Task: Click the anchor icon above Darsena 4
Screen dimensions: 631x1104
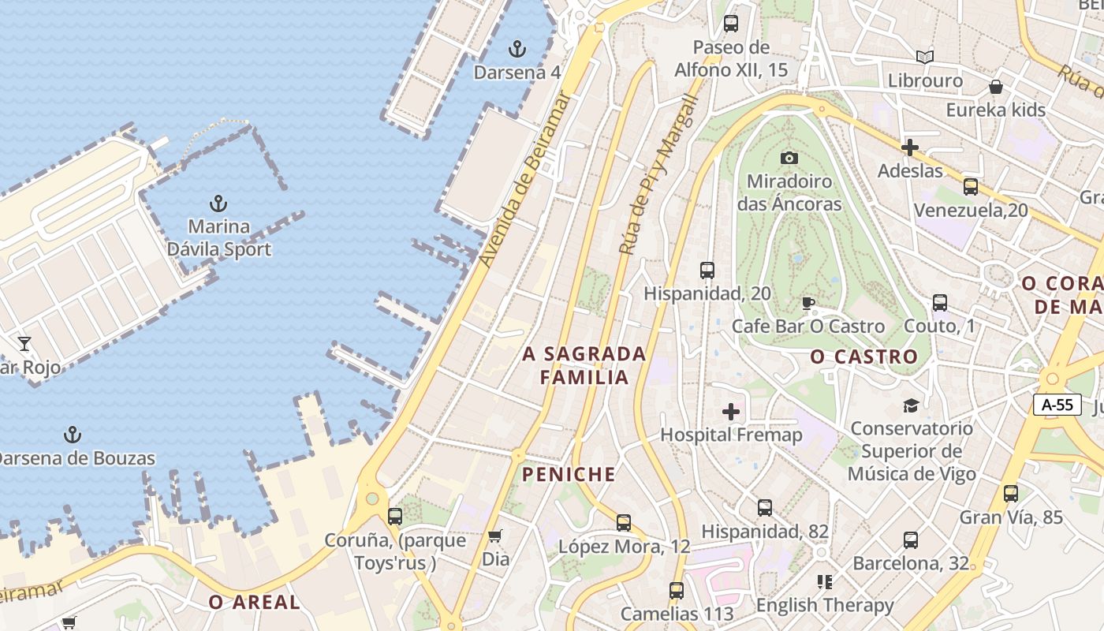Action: [x=517, y=50]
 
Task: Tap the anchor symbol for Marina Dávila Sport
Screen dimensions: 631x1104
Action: [x=218, y=203]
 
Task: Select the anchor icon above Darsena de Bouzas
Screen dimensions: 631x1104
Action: [x=73, y=435]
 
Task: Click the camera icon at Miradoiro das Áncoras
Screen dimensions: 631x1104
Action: [x=789, y=159]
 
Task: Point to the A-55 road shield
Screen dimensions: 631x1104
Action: [x=1057, y=405]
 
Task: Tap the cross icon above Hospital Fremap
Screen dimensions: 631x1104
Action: [x=731, y=412]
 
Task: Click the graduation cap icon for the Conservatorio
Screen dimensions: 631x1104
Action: [x=912, y=406]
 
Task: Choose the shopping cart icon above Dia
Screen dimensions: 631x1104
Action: [x=495, y=536]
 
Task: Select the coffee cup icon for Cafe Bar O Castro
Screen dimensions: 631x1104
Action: [x=807, y=303]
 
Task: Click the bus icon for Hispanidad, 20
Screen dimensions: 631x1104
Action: [x=707, y=271]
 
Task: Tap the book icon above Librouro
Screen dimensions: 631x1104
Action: [x=925, y=57]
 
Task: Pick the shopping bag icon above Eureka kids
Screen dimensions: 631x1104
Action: [x=996, y=87]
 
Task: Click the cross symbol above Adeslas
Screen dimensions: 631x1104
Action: [x=910, y=147]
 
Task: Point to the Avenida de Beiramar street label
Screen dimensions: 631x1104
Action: [x=524, y=180]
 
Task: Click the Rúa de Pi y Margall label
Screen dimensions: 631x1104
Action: [x=659, y=175]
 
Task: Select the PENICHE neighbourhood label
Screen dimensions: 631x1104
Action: [x=568, y=474]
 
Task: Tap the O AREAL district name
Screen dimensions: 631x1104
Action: [x=255, y=603]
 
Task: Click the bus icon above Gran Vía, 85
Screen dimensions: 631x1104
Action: [x=1011, y=494]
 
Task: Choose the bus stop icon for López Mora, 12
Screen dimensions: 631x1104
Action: [x=624, y=522]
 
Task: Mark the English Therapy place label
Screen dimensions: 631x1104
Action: [x=825, y=605]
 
